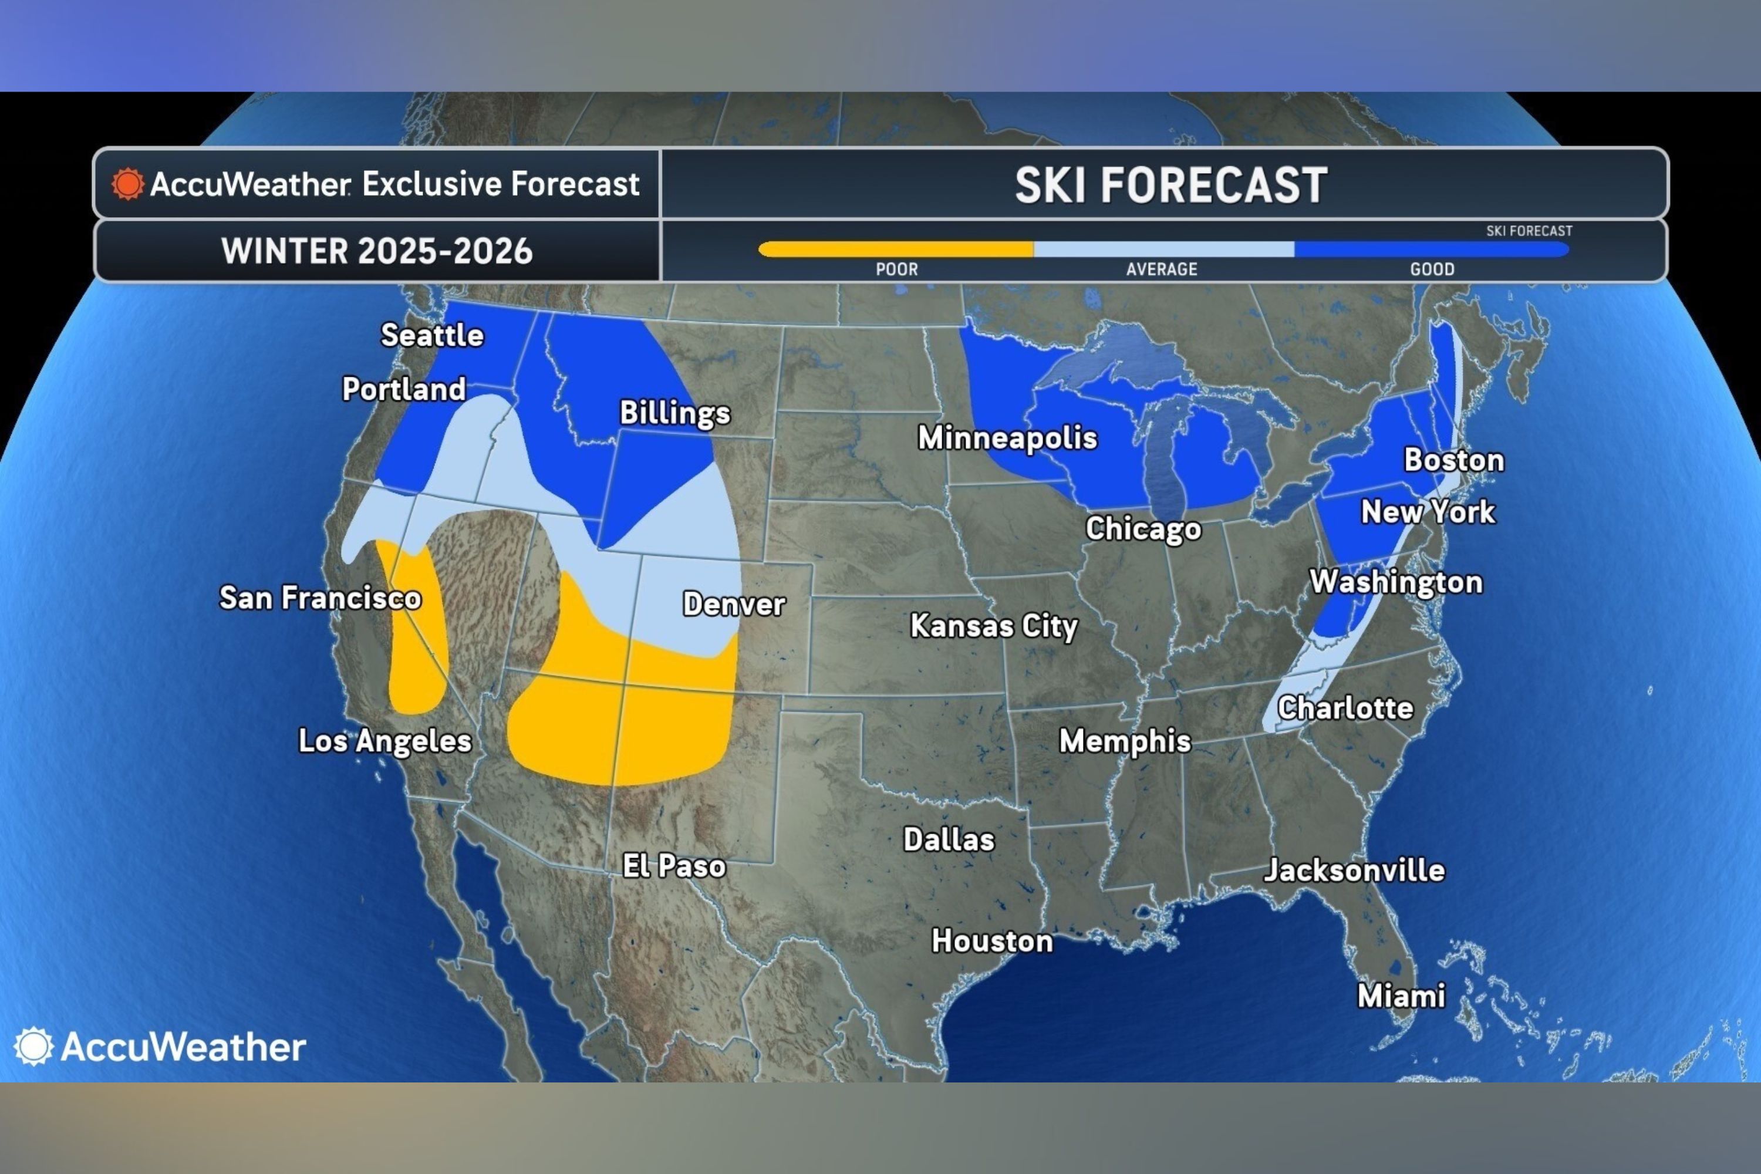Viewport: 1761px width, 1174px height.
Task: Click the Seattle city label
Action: [x=432, y=335]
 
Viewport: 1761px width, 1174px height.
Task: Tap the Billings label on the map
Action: [x=674, y=413]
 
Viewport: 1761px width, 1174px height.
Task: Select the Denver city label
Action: [x=734, y=604]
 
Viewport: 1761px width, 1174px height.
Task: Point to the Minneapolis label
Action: [x=1007, y=438]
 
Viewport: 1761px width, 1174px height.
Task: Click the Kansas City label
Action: [x=994, y=626]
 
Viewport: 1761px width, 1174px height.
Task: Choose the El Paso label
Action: [x=674, y=866]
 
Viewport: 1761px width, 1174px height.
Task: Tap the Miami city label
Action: [x=1401, y=996]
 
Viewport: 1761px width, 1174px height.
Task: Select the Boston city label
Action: [x=1453, y=460]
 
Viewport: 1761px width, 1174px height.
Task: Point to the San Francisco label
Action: [x=320, y=598]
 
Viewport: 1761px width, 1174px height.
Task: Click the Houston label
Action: [x=991, y=941]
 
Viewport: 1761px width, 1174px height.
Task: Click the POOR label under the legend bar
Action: [x=896, y=269]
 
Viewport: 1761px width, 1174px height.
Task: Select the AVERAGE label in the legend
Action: [x=1161, y=269]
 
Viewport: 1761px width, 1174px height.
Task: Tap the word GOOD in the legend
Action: [x=1432, y=269]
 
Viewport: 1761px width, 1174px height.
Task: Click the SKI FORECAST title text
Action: [x=1170, y=185]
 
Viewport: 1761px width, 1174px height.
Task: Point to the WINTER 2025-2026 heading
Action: [x=377, y=251]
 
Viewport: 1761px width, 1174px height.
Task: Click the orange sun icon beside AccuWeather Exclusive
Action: [x=127, y=184]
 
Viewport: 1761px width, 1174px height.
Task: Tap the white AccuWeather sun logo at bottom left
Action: [x=33, y=1046]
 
